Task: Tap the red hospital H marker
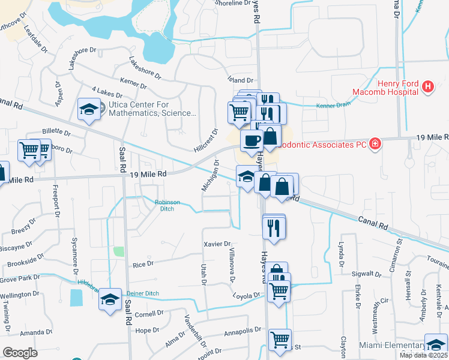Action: pyautogui.click(x=427, y=88)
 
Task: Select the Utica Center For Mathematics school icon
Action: pyautogui.click(x=89, y=109)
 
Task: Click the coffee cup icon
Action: pyautogui.click(x=251, y=141)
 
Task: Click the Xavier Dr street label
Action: pyautogui.click(x=217, y=244)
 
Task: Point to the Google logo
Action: pyautogui.click(x=20, y=353)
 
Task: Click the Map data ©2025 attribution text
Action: pyautogui.click(x=423, y=355)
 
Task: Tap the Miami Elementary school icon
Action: pyautogui.click(x=436, y=344)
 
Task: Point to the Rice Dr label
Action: pyautogui.click(x=143, y=264)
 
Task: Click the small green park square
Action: pyautogui.click(x=119, y=251)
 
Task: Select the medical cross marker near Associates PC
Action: pyautogui.click(x=375, y=143)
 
